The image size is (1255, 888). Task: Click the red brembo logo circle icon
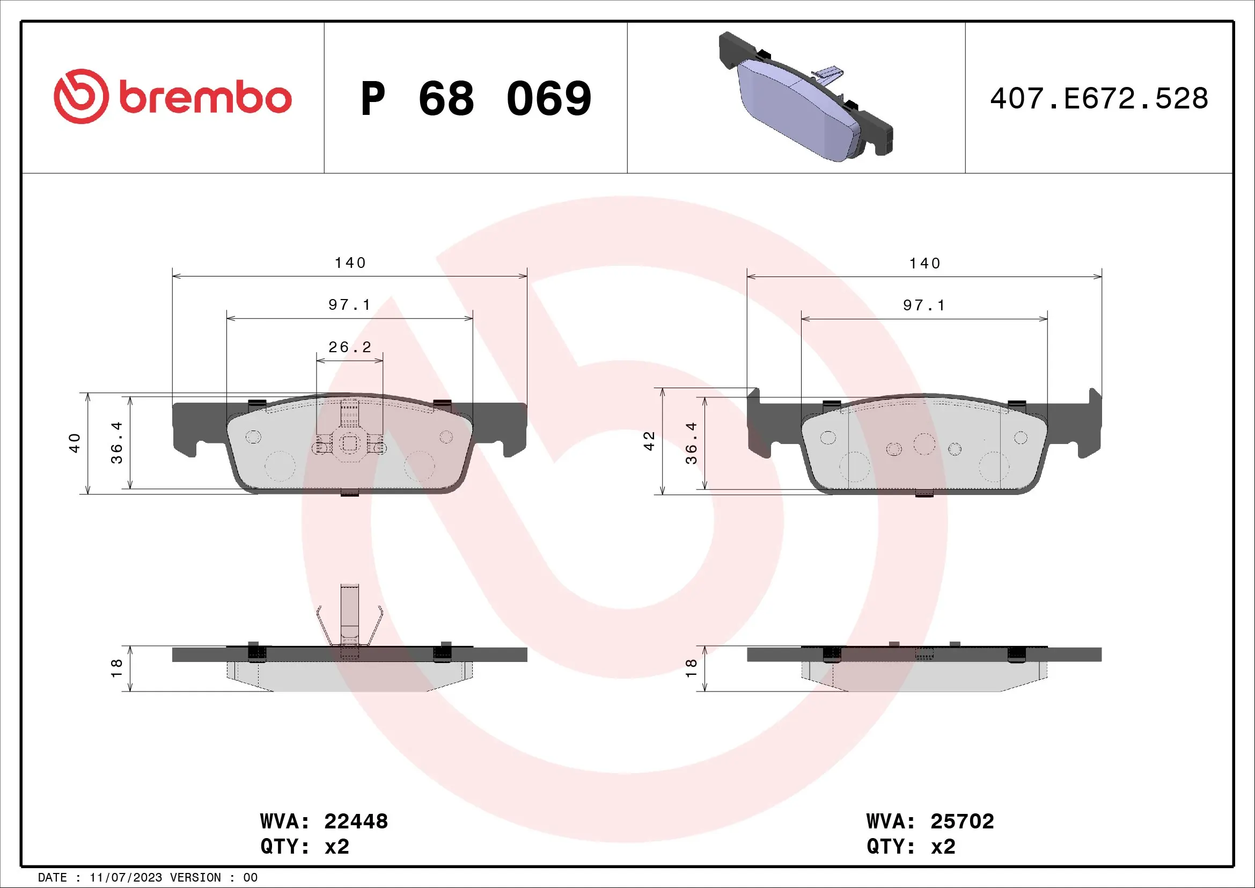point(81,96)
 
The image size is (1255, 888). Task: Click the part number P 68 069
point(475,98)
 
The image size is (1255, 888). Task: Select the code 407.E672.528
point(1099,98)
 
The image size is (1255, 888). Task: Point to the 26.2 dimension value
point(350,347)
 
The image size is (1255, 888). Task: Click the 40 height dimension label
point(75,443)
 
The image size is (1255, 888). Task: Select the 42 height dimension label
point(649,441)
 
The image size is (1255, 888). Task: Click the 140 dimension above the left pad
point(350,263)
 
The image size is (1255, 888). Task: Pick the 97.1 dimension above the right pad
point(924,305)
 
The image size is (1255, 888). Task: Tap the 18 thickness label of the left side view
point(116,668)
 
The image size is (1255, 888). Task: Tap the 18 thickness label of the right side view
point(691,668)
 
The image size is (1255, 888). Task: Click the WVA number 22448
point(356,821)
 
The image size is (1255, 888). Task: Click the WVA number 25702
point(962,821)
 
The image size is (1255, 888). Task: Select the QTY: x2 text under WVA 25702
point(911,847)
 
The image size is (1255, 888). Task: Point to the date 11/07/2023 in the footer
point(126,878)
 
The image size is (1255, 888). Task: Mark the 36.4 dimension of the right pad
point(692,443)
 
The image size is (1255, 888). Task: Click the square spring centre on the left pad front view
point(349,443)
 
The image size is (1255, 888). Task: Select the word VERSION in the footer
point(195,878)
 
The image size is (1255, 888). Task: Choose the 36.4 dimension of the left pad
point(116,443)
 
